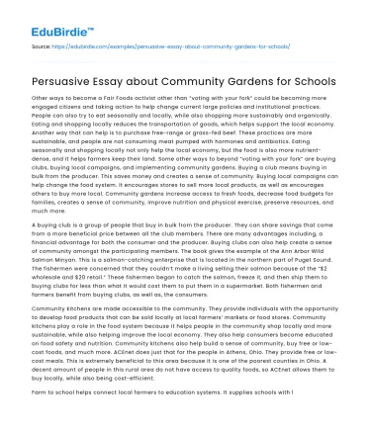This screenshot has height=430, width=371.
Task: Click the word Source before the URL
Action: pos(42,45)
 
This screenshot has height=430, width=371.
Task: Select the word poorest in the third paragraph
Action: pos(263,363)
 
